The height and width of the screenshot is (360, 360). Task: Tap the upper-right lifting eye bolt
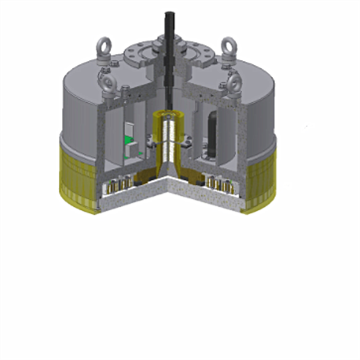227,46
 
